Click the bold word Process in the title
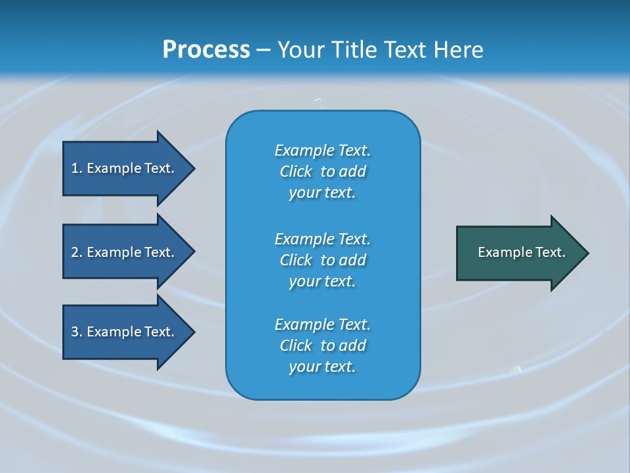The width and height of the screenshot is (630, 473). tap(206, 50)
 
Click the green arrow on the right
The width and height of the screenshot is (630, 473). tap(518, 253)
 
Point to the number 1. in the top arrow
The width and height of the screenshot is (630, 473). tap(77, 168)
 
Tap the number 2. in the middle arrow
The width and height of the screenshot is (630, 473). tap(77, 252)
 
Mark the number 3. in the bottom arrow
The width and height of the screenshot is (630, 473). tap(77, 332)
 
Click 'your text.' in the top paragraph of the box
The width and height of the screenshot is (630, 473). tap(322, 193)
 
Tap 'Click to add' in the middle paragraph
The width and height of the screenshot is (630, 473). tap(322, 260)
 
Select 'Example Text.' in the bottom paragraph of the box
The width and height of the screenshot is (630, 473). tap(322, 325)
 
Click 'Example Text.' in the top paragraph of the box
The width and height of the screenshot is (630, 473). tap(322, 150)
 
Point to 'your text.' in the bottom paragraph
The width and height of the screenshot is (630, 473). tap(322, 367)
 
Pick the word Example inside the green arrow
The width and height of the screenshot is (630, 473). tap(500, 252)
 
